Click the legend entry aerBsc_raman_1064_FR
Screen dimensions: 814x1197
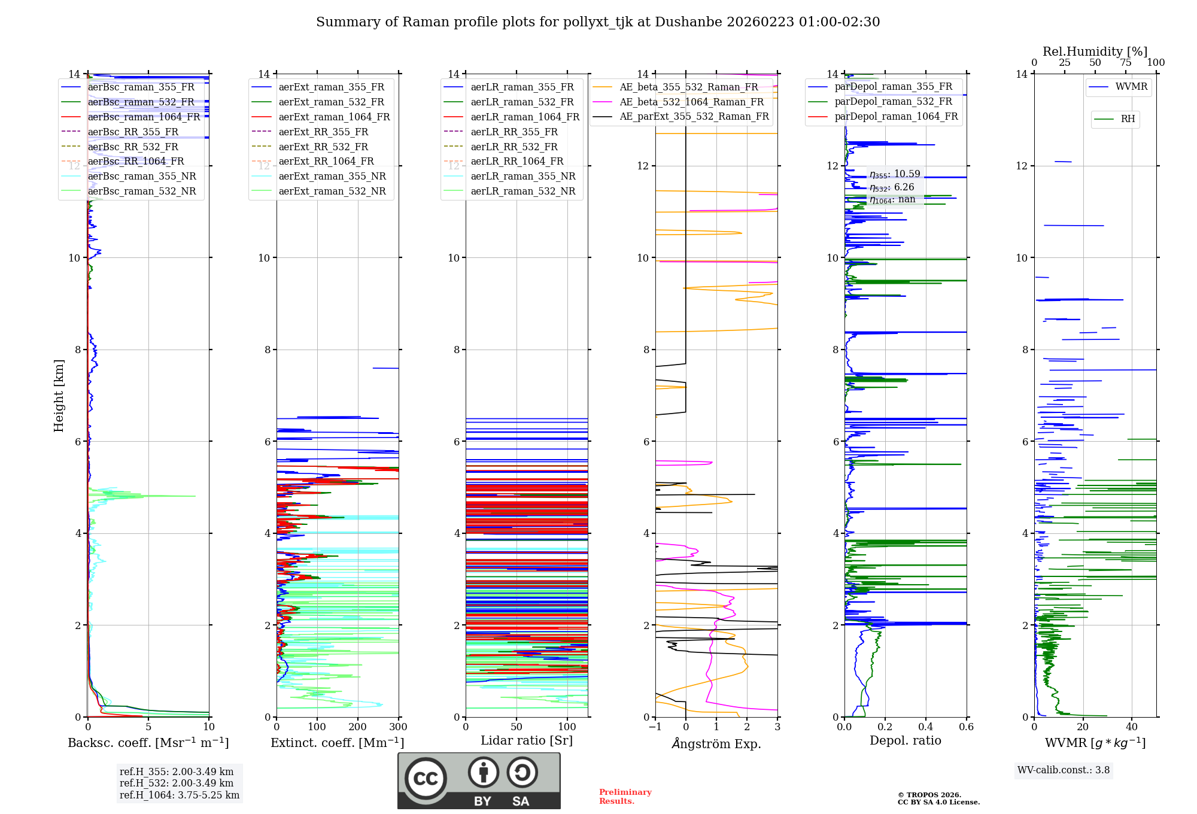point(144,117)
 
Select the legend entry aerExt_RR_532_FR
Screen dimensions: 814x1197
point(323,147)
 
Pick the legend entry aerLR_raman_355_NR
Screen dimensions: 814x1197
point(522,176)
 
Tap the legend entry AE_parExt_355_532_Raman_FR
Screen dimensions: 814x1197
point(694,116)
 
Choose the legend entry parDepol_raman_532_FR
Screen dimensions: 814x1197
point(893,101)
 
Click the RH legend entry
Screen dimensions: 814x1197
point(1128,119)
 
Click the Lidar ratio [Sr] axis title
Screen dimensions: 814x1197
point(526,740)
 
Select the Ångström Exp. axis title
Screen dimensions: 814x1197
point(716,743)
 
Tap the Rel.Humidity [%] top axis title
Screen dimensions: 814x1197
point(1095,51)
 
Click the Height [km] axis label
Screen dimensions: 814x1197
point(59,395)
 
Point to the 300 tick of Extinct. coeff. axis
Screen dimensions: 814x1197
point(398,727)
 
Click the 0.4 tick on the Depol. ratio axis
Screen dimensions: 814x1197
point(925,727)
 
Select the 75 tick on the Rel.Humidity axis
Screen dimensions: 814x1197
point(1126,63)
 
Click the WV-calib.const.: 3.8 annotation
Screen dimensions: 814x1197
point(1063,770)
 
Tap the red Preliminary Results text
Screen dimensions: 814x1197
point(625,797)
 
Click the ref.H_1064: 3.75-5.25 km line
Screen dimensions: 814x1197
point(179,795)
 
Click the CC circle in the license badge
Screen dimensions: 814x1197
point(426,779)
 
